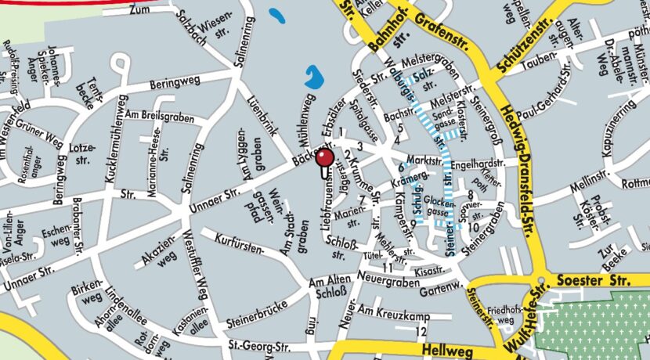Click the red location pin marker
point(325,159)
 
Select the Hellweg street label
point(444,347)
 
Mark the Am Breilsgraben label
point(164,116)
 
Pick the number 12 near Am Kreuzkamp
point(422,331)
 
